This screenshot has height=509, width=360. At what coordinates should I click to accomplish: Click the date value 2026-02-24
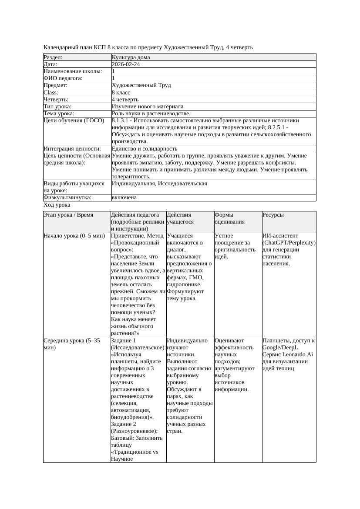[126, 64]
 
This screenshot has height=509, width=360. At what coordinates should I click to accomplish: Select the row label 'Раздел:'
[53, 57]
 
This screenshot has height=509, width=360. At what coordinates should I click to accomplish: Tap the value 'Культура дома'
[131, 57]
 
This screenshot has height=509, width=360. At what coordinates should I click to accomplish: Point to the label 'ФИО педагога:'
[63, 78]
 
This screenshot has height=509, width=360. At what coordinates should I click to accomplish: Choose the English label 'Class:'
[51, 93]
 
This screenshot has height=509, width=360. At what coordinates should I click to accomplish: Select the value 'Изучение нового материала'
[148, 107]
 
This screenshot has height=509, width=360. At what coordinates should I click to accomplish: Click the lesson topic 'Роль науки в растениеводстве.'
[151, 114]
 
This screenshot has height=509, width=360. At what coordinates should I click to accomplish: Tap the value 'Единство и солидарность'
[145, 149]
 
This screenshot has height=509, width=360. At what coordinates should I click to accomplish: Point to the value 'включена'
[124, 198]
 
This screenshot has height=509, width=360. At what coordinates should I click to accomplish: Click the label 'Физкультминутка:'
[67, 198]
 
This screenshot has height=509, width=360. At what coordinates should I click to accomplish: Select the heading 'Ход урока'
[57, 205]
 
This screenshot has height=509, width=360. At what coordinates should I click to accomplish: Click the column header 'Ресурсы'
[273, 215]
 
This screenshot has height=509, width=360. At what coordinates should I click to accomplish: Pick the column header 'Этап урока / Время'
[71, 215]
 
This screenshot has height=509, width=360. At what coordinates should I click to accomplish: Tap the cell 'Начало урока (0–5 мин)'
[74, 236]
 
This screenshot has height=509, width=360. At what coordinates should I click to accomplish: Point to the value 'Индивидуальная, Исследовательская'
[159, 184]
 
